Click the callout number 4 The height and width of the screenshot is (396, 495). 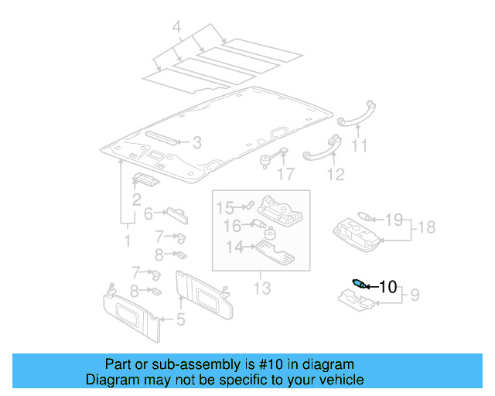(x=176, y=29)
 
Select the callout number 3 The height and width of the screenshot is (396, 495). (x=196, y=142)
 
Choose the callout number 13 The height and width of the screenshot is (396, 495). (x=262, y=288)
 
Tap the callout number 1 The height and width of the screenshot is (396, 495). (x=128, y=241)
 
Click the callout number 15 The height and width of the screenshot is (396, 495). (x=224, y=207)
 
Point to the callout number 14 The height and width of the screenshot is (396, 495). (x=234, y=247)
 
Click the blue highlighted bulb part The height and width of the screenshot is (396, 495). (x=359, y=283)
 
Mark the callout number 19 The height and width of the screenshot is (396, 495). (x=394, y=220)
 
